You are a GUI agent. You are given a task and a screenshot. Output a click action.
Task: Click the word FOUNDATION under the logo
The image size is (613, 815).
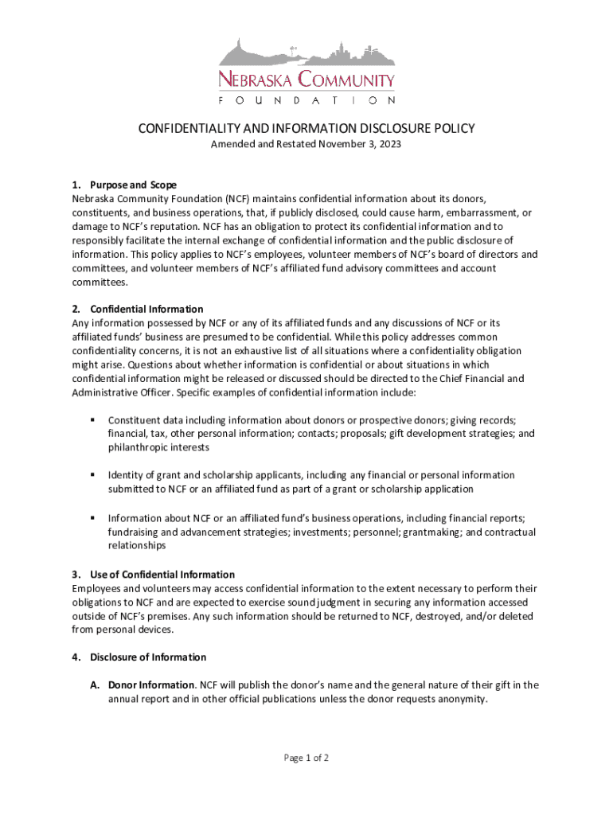[306, 101]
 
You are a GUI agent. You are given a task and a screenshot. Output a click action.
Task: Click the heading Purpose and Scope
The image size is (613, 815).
[133, 185]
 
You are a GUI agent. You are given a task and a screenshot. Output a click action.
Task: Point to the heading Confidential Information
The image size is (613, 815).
[146, 309]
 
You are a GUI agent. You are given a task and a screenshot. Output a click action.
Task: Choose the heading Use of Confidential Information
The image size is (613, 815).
[162, 575]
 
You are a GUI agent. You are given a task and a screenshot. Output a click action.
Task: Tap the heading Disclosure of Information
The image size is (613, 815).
[148, 657]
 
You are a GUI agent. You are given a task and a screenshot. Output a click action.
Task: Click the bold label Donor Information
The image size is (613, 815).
[152, 684]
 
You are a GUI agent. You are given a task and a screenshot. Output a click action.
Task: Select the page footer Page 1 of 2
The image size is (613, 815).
[306, 758]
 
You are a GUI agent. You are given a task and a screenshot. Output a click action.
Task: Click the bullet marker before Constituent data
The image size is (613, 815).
[93, 419]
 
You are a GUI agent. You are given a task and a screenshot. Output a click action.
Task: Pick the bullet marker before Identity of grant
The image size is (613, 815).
[93, 475]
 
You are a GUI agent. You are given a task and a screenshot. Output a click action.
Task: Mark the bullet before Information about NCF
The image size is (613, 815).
[93, 518]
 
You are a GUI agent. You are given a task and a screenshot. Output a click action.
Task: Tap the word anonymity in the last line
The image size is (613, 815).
[459, 699]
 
